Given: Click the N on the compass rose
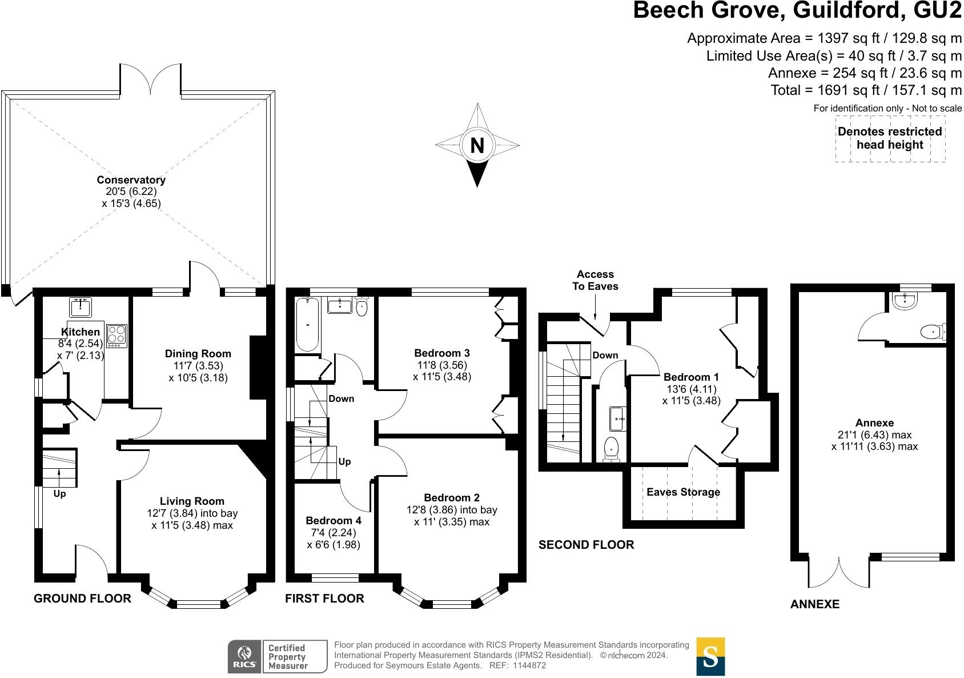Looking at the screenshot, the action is tap(477, 146).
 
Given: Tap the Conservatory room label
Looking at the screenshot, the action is tap(131, 180).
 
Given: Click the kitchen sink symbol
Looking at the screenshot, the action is tap(81, 307).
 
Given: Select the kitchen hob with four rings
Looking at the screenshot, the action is tap(117, 336).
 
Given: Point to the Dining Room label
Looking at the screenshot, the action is tap(198, 354).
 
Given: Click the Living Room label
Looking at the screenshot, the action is tap(192, 501).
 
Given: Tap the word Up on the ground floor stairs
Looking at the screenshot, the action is tap(59, 493).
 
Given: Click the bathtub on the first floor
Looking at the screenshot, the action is tap(307, 325).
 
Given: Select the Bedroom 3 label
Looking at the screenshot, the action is tap(442, 353).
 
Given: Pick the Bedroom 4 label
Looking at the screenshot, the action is tap(334, 520).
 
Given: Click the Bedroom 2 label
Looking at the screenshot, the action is tap(452, 497).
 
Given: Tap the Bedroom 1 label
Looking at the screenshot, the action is tap(691, 377).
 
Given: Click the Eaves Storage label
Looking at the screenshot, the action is tap(683, 492).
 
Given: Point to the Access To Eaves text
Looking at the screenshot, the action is tap(595, 280).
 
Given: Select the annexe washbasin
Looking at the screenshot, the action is tap(904, 302).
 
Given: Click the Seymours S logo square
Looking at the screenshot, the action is tap(710, 656).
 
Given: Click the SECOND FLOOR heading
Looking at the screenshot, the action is tap(586, 545).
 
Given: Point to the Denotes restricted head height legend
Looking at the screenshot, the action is tap(890, 138).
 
